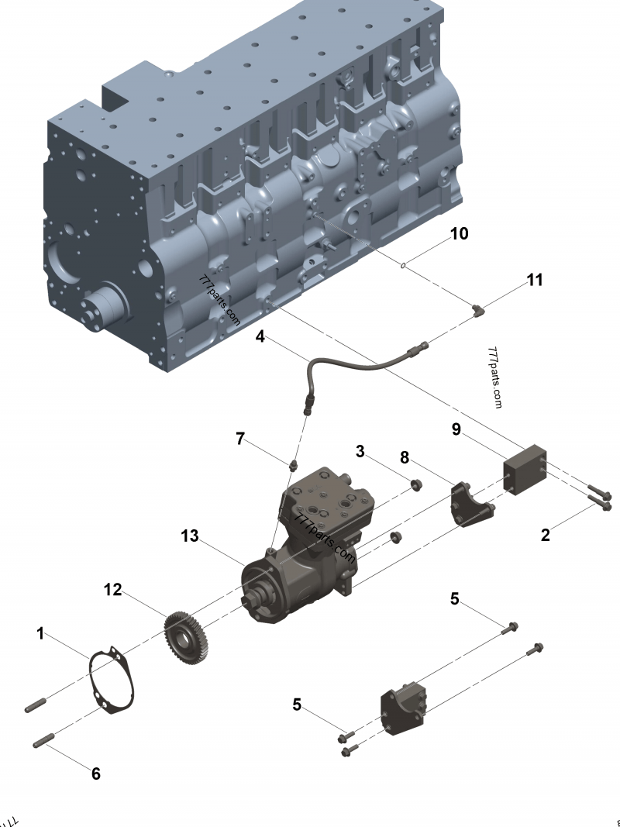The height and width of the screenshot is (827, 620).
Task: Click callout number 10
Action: point(460,233)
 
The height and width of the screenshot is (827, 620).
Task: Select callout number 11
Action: point(535,280)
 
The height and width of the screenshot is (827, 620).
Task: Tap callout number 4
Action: point(260,336)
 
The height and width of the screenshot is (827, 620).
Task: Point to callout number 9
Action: point(457,429)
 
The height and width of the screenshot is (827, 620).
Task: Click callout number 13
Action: point(191,536)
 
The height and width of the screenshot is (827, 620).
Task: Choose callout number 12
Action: point(113,591)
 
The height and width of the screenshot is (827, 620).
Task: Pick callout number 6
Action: point(96,773)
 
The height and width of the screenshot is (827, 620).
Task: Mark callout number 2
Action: point(546,535)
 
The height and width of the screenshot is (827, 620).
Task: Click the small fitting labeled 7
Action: point(294,467)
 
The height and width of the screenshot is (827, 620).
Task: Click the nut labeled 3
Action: point(416,485)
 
